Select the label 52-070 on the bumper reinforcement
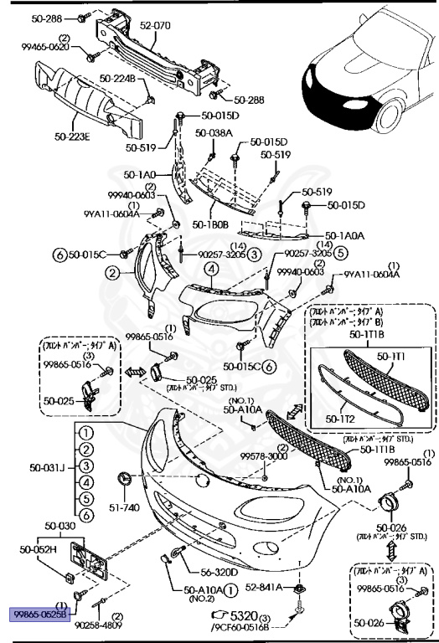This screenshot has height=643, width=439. click(154, 26)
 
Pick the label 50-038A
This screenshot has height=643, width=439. click(214, 132)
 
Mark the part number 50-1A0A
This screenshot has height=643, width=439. click(343, 236)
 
